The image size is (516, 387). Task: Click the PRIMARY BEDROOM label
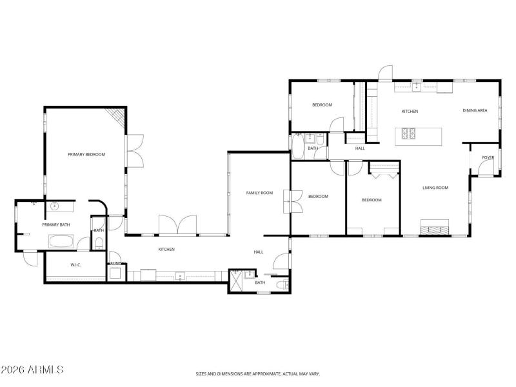[x=86, y=154]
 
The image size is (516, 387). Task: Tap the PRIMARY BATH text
[x=56, y=224]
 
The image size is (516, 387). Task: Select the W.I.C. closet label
[x=75, y=265]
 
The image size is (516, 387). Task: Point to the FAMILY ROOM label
[x=259, y=193]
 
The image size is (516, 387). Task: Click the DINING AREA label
[x=474, y=111]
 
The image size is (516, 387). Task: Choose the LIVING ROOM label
[x=435, y=188]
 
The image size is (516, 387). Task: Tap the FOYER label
[x=488, y=157]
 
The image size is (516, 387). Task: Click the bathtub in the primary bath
[x=62, y=242]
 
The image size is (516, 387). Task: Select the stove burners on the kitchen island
[x=409, y=134]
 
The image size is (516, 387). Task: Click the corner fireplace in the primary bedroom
[x=116, y=116]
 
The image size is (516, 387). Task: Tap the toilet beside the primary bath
[x=99, y=243]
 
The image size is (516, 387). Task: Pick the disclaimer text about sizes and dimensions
[x=258, y=373]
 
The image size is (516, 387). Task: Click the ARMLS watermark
[x=32, y=370]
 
